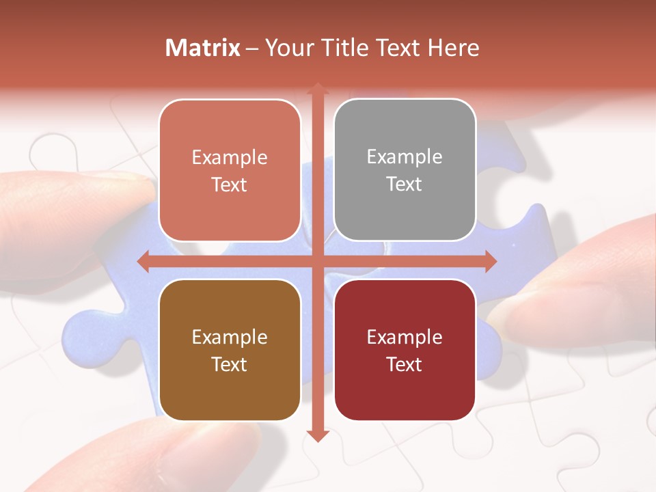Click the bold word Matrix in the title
[x=203, y=48]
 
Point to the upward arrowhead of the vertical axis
[x=317, y=90]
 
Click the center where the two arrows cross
[x=317, y=261]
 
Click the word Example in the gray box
[x=405, y=157]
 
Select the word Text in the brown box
[x=230, y=364]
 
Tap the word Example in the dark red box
[x=405, y=337]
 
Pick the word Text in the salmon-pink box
[x=230, y=184]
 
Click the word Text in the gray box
[x=405, y=184]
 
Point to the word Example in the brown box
[x=230, y=337]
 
